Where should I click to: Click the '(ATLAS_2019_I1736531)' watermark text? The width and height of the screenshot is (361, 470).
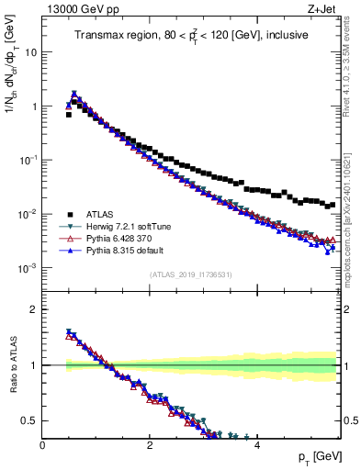(x=191, y=274)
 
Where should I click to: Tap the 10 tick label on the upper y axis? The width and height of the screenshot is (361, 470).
(x=30, y=52)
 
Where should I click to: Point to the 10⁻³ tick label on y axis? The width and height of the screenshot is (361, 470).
(x=28, y=268)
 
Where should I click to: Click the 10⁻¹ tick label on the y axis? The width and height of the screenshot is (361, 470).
(x=28, y=160)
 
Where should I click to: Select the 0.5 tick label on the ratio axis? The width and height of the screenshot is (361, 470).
(x=29, y=420)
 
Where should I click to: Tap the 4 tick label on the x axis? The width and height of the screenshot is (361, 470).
(x=256, y=446)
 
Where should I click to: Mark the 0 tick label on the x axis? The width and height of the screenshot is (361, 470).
(x=43, y=446)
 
